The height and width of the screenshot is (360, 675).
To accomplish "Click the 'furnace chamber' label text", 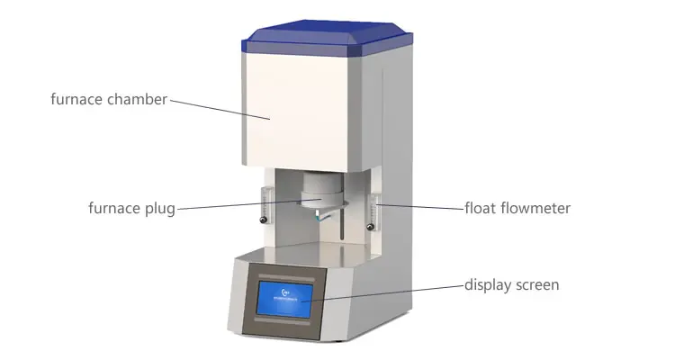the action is tap(109, 100).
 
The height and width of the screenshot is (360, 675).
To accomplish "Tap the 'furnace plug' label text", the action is tap(131, 209).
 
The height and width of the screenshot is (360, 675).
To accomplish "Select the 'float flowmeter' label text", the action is tap(517, 209).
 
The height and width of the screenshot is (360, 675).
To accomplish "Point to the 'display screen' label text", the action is tap(511, 285).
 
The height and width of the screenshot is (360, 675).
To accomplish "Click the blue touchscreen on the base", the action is tap(284, 297).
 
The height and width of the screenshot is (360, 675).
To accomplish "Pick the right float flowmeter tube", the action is tap(378, 200).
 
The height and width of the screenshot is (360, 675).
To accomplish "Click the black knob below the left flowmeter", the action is tap(263, 219).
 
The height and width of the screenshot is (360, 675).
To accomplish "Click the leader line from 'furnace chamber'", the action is tap(220, 108).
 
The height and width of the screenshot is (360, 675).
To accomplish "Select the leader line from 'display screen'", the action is tap(387, 292).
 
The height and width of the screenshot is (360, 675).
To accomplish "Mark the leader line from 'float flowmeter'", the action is tap(423, 207).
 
